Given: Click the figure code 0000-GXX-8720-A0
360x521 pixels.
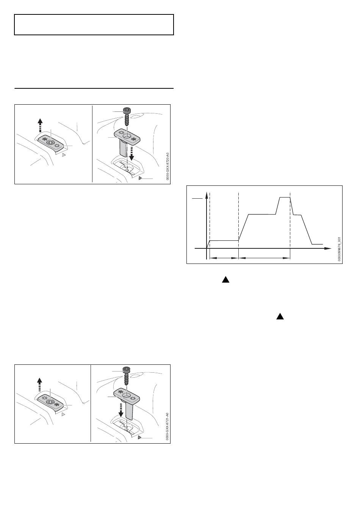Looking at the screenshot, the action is point(167,166).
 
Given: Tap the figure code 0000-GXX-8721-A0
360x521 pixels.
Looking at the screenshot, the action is point(167,427).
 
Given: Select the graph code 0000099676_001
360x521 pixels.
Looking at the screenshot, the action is point(339,249).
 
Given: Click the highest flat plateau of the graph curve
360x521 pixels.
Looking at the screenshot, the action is point(285,197).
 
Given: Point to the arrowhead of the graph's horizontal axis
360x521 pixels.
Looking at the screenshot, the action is point(328,248).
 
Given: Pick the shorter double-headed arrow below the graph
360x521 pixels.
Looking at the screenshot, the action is point(224,258).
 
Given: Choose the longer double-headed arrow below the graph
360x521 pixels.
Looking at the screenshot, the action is point(265,258).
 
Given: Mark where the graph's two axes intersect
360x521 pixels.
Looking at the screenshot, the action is point(207,248).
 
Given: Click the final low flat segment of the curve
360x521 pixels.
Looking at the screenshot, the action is point(317,244).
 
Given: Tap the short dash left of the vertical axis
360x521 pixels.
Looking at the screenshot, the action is point(197,198).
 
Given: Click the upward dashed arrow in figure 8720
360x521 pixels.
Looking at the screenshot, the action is point(40,126).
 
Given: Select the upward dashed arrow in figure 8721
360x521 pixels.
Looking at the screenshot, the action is point(40,384).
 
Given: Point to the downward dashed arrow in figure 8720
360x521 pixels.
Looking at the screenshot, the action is point(131,154).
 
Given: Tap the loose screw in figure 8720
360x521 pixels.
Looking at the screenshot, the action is point(127,116).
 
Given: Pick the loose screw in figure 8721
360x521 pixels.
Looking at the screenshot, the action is point(126,376).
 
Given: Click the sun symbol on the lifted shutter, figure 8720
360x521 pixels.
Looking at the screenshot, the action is point(121,133).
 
